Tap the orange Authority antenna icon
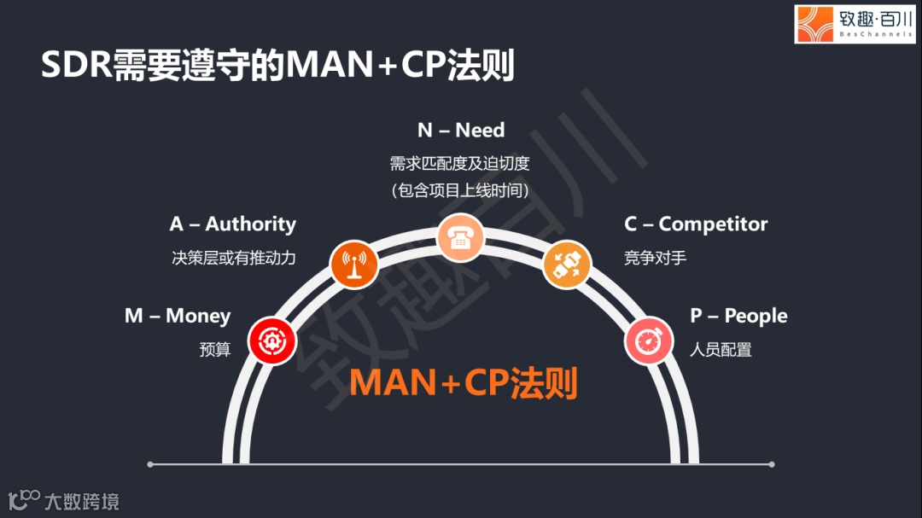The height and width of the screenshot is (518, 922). point(354,264)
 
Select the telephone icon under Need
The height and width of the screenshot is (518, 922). point(461,237)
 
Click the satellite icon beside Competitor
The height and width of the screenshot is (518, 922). point(567,264)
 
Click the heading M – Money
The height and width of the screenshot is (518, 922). point(178,316)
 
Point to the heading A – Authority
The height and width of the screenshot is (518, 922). point(233,224)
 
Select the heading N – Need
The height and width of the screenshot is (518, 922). point(461,131)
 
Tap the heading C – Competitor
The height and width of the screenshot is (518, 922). point(696,224)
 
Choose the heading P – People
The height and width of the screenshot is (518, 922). point(738,316)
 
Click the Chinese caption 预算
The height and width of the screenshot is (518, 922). point(215,349)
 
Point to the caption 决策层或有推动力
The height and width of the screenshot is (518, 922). point(234,257)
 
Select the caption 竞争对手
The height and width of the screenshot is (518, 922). point(656,257)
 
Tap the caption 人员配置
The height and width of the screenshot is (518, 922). point(721,349)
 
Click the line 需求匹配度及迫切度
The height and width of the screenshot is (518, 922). point(461,163)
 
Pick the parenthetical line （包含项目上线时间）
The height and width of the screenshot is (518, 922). point(461,190)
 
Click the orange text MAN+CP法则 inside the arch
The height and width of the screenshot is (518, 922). point(464,383)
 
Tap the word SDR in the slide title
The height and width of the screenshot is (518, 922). point(77,66)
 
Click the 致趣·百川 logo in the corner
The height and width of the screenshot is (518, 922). point(855,24)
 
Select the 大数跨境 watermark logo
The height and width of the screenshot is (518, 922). point(64,500)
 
